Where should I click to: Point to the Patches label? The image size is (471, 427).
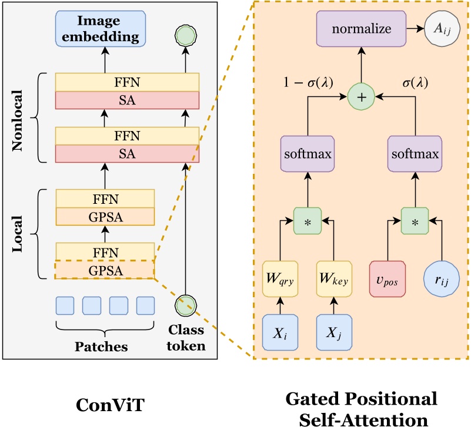pyautogui.click(x=101, y=347)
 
